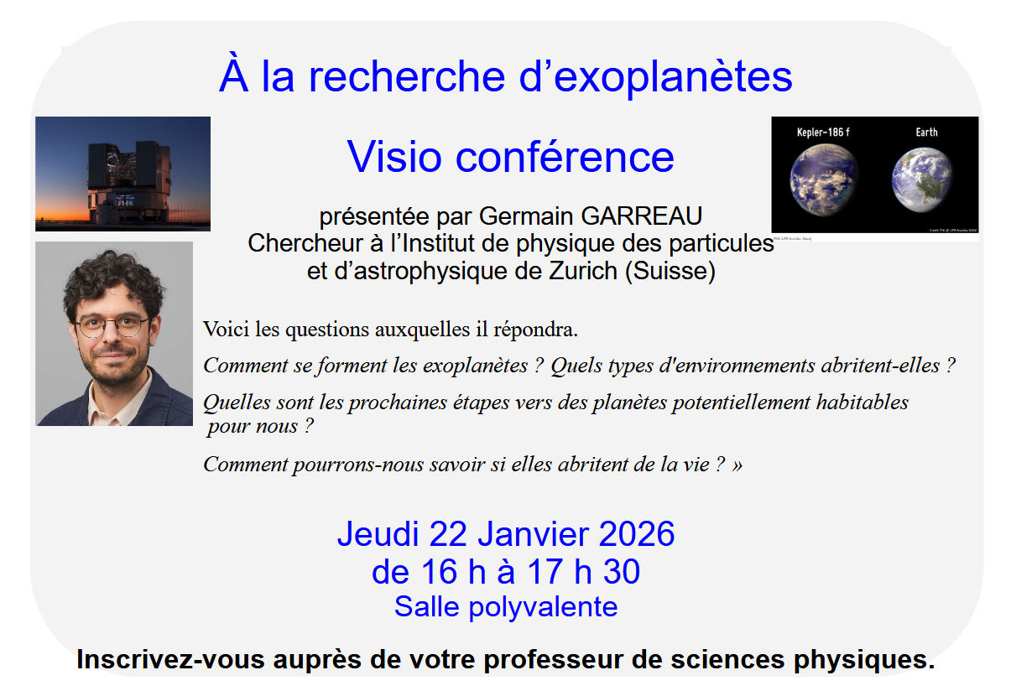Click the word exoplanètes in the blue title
(673, 78)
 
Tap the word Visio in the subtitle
(394, 157)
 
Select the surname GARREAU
(641, 216)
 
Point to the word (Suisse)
(670, 272)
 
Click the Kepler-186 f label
(823, 132)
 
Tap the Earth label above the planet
(926, 132)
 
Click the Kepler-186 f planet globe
(824, 179)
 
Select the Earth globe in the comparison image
(922, 179)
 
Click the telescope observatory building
(129, 183)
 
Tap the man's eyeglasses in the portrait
(112, 326)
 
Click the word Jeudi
(378, 534)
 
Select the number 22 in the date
(448, 534)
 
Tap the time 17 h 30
(584, 571)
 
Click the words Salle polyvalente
(506, 607)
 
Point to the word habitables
(862, 403)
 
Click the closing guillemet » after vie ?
(737, 465)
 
